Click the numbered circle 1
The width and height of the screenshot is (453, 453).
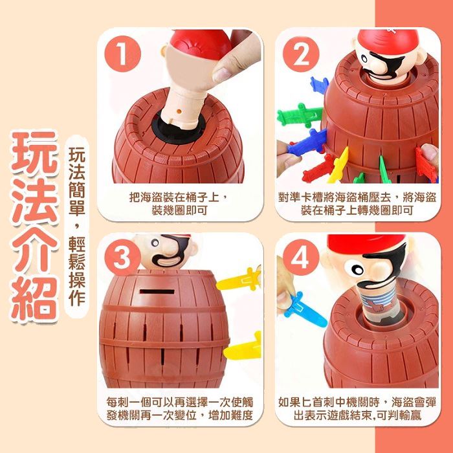point(122,54)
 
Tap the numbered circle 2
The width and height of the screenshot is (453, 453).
point(301,54)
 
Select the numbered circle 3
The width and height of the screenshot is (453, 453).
point(122,258)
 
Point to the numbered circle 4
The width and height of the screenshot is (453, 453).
point(301,258)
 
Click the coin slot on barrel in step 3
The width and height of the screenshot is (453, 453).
point(157,291)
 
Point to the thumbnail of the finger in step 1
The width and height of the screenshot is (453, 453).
point(221,74)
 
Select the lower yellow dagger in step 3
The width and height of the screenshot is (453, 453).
point(243,348)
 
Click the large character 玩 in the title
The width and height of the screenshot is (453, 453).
point(34,153)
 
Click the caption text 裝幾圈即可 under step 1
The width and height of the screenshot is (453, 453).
point(180,210)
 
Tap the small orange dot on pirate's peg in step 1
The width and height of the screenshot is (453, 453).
point(179,111)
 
